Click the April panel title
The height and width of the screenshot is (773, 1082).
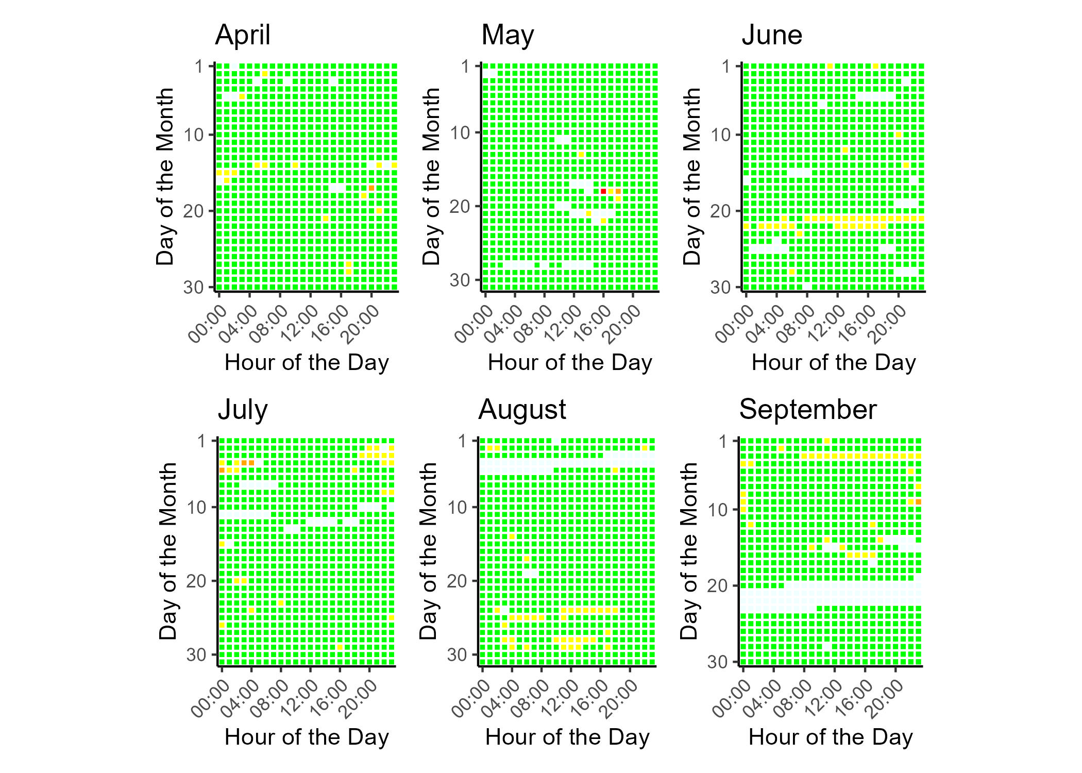click(x=243, y=36)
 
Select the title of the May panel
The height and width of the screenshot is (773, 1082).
click(x=508, y=36)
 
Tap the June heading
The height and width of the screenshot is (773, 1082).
click(x=772, y=36)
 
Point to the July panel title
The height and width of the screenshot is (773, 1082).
click(x=243, y=410)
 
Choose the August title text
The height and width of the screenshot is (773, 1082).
click(x=522, y=410)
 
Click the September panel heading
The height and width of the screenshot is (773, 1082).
click(x=807, y=410)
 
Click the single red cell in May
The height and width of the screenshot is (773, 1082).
click(x=603, y=191)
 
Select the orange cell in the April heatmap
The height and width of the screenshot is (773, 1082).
click(x=371, y=188)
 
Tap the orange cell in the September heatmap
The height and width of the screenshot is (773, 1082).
click(x=918, y=501)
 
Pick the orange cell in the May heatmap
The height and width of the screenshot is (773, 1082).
click(x=618, y=191)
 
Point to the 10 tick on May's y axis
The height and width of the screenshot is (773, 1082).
click(x=460, y=133)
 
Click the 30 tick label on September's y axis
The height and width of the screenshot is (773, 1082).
click(x=717, y=662)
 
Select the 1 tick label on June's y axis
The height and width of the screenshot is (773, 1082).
click(x=726, y=66)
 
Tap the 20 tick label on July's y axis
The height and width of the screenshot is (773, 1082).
click(x=196, y=581)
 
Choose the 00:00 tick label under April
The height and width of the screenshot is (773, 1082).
click(x=208, y=324)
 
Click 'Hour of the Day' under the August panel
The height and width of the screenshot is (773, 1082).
click(x=567, y=737)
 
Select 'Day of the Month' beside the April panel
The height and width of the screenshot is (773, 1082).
click(x=165, y=176)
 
